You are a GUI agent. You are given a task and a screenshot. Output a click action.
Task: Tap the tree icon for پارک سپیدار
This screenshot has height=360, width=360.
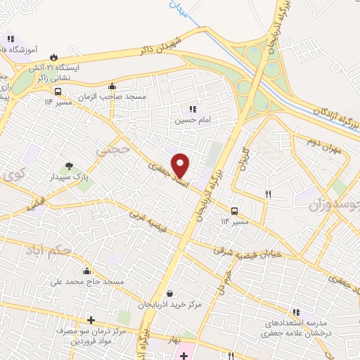coord(69,166)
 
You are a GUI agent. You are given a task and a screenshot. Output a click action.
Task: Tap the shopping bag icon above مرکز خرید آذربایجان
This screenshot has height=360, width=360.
coord(169,293)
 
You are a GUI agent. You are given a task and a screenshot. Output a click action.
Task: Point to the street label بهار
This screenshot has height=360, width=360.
coord(172,340)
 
